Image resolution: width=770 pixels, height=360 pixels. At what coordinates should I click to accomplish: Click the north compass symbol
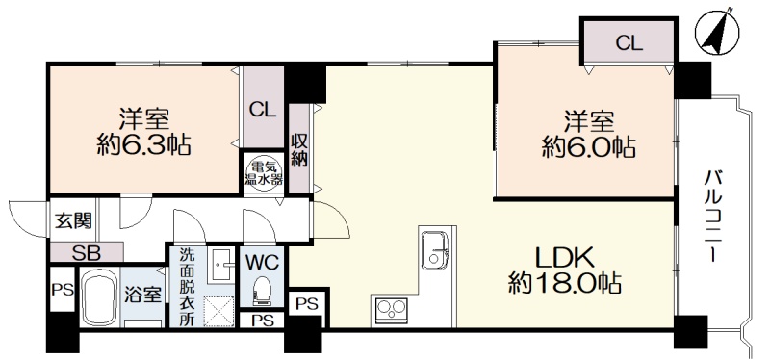point(717,32)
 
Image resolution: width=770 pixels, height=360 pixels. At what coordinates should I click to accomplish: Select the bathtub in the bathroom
point(98,298)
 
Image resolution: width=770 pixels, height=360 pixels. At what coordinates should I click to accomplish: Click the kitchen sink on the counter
point(436,249)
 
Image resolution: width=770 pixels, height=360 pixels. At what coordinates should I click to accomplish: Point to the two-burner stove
point(392,311)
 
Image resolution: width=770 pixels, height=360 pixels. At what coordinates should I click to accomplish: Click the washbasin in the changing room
point(222,266)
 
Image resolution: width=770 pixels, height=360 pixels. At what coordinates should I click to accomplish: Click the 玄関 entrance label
point(73,221)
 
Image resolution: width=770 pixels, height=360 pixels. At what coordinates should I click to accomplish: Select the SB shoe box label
point(86,253)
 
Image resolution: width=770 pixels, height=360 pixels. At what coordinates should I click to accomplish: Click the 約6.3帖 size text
point(143,146)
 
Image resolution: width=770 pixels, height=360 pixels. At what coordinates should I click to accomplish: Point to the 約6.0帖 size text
point(588,147)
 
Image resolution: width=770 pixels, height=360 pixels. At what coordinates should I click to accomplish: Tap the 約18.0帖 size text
point(565,282)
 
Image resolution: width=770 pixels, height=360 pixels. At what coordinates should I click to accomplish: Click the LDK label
point(565,256)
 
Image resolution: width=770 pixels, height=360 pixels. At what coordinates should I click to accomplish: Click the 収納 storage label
point(298,149)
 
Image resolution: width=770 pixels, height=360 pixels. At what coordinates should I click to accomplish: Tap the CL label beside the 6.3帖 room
point(263,110)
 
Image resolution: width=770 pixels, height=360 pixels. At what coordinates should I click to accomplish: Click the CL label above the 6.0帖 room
point(629,44)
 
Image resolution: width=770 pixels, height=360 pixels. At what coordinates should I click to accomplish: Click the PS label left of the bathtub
point(63,290)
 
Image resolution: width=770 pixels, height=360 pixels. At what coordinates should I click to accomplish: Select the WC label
point(262,262)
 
